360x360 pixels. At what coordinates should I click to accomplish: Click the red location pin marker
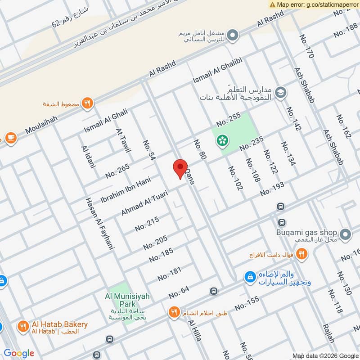pyautogui.click(x=180, y=169)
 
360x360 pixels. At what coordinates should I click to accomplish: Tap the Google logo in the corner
pyautogui.click(x=19, y=353)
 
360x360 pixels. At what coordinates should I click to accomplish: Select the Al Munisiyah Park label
pyautogui.click(x=127, y=300)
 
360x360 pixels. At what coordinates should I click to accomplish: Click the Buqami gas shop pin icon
pyautogui.click(x=345, y=234)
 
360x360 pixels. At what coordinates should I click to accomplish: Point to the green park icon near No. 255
pyautogui.click(x=221, y=141)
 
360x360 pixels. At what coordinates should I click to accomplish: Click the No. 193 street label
pyautogui.click(x=272, y=189)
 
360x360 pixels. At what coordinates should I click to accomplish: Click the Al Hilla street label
pyautogui.click(x=195, y=331)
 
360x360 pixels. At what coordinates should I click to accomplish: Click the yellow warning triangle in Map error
pyautogui.click(x=272, y=4)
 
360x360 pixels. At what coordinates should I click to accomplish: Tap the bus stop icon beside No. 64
pyautogui.click(x=213, y=291)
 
